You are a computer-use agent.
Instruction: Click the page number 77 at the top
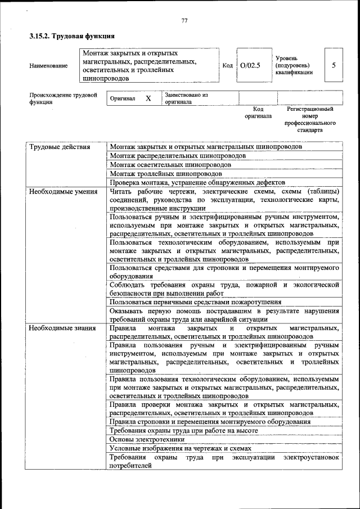pyautogui.click(x=184, y=21)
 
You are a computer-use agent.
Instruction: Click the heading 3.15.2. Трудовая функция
pyautogui.click(x=67, y=37)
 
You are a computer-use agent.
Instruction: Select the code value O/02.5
pyautogui.click(x=250, y=65)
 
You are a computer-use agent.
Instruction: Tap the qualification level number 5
pyautogui.click(x=334, y=65)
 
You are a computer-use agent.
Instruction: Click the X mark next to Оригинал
pyautogui.click(x=148, y=98)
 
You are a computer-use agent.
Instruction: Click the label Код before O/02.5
pyautogui.click(x=228, y=65)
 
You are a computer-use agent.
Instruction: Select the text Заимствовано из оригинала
pyautogui.click(x=186, y=98)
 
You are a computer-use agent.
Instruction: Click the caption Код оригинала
pyautogui.click(x=258, y=112)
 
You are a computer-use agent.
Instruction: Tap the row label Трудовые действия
pyautogui.click(x=60, y=147)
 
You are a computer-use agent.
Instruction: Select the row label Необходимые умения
pyautogui.click(x=62, y=192)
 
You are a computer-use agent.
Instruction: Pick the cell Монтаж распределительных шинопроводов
pyautogui.click(x=178, y=156)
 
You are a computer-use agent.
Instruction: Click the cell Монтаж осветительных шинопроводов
pyautogui.click(x=170, y=165)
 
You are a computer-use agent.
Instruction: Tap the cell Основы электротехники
pyautogui.click(x=147, y=439)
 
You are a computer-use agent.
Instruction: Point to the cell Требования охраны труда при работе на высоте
pyautogui.click(x=184, y=430)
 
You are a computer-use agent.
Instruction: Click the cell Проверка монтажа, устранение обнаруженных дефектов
pyautogui.click(x=197, y=183)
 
